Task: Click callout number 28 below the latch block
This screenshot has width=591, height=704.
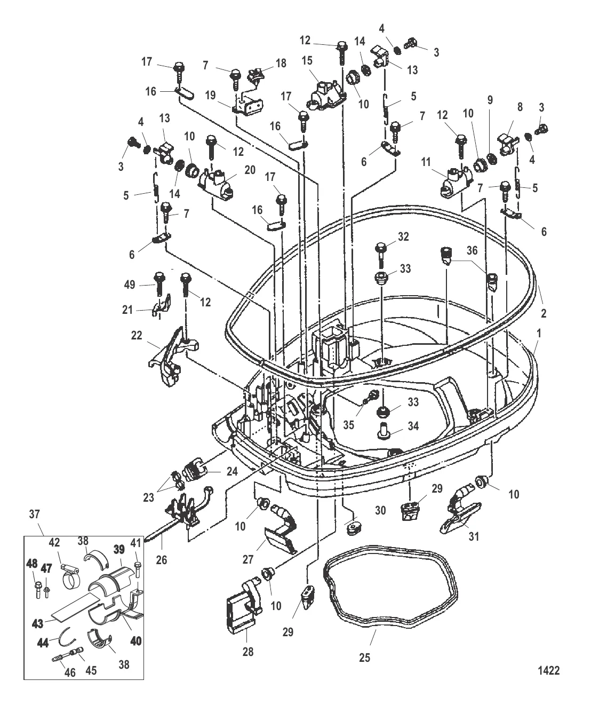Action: point(248,652)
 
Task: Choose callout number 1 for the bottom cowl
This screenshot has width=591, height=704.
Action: point(539,334)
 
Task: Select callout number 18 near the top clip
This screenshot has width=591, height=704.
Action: point(281,64)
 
